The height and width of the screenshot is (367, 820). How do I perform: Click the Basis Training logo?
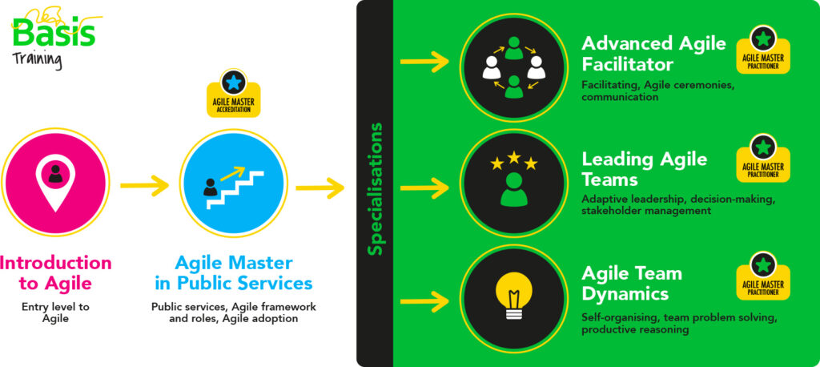click(53, 36)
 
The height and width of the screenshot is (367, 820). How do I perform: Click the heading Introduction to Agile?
click(55, 272)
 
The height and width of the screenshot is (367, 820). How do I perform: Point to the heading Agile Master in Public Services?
click(234, 272)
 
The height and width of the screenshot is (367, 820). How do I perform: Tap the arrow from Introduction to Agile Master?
click(144, 187)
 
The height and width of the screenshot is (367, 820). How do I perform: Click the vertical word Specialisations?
click(374, 188)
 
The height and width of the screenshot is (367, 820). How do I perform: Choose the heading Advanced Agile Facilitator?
click(653, 54)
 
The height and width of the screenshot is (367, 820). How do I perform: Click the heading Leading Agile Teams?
click(645, 169)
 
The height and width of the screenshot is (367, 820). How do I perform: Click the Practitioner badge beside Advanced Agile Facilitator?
click(763, 50)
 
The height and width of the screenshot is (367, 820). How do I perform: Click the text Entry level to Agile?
click(55, 312)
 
